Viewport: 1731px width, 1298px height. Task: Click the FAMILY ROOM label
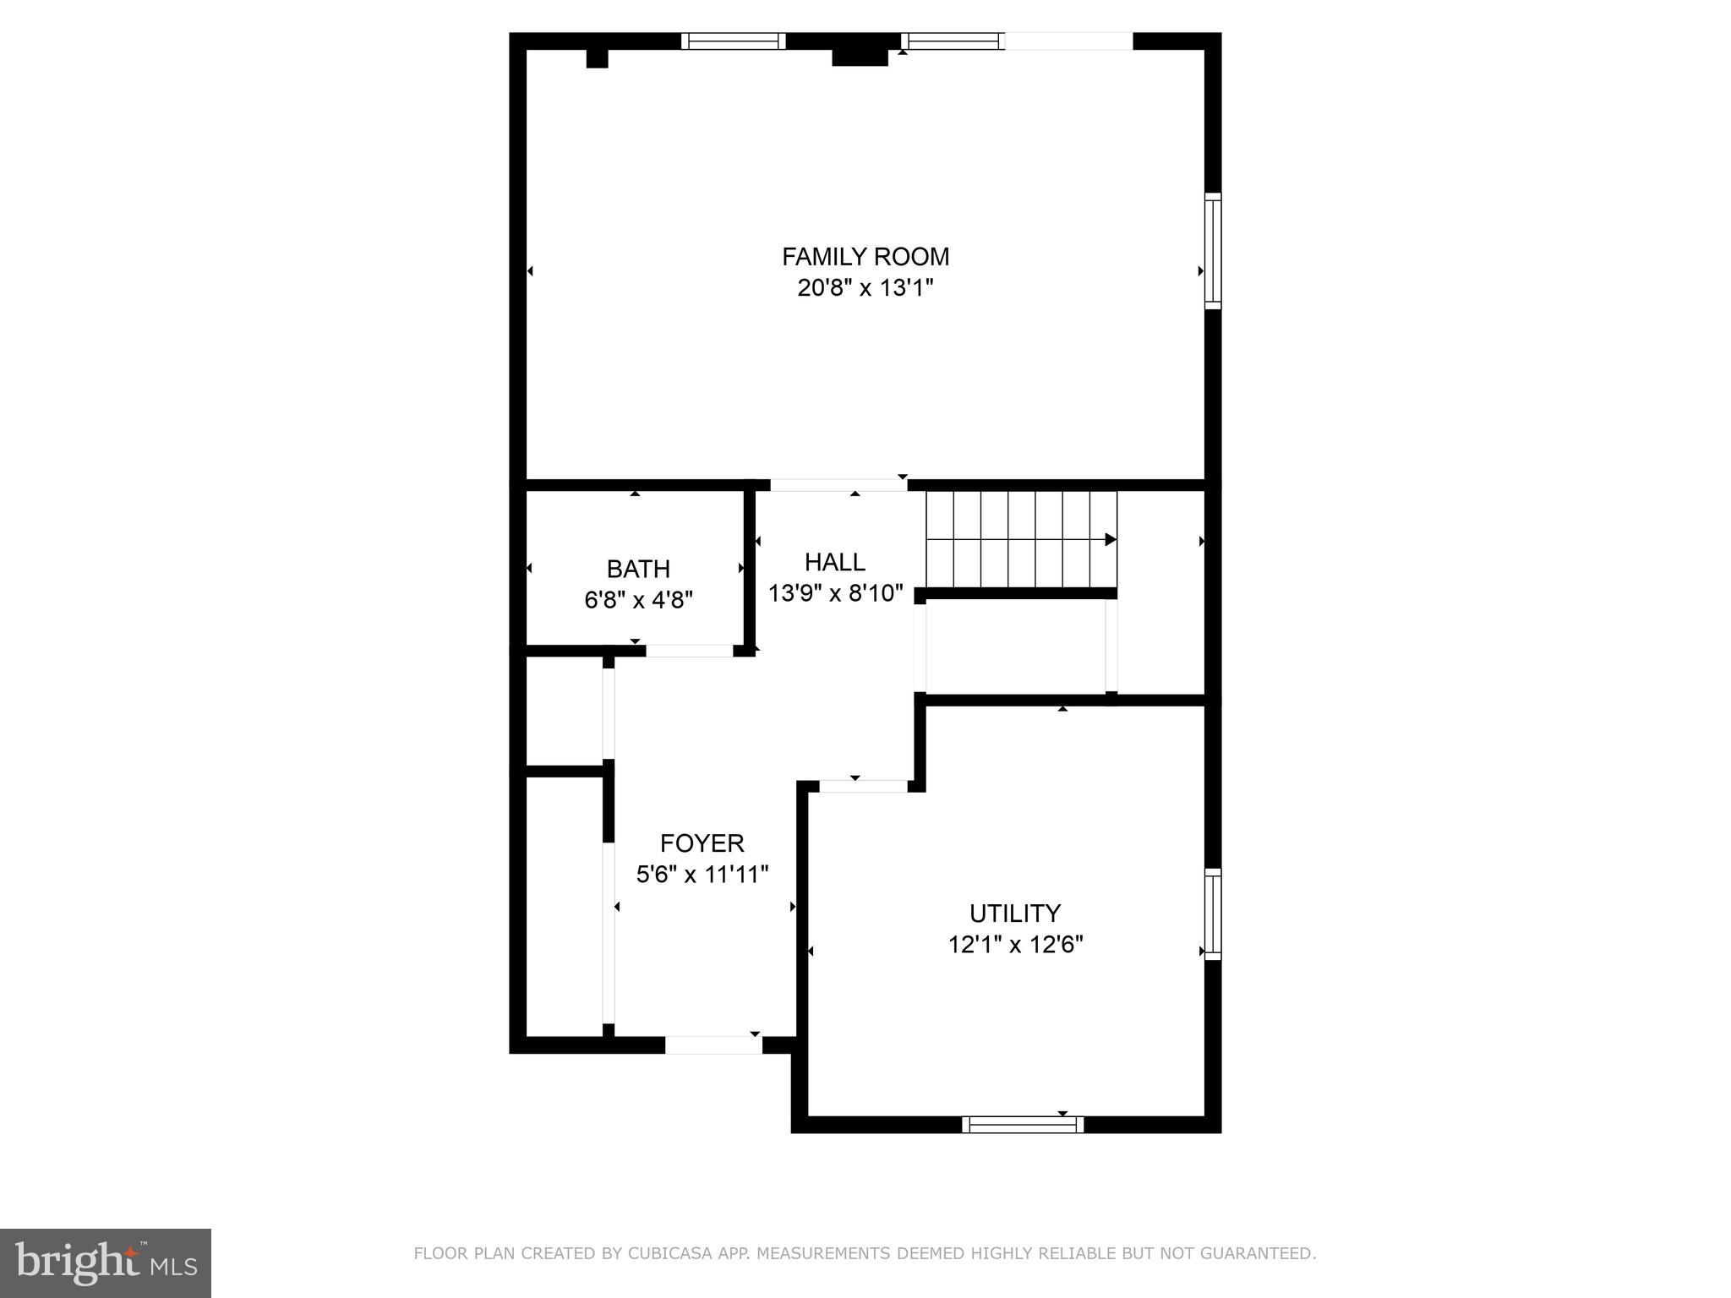pos(865,256)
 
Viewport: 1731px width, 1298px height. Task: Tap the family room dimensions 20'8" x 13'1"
pos(865,288)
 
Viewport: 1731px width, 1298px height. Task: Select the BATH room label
pos(638,569)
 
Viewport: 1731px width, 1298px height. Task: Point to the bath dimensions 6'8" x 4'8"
pos(638,600)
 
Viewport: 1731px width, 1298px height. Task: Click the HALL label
pos(834,562)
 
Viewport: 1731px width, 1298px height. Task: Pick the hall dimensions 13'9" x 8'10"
pos(835,593)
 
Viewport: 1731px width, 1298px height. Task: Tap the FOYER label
pos(702,843)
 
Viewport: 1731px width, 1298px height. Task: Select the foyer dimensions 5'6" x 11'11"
pos(702,875)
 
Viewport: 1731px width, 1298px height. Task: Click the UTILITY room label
pos(1014,914)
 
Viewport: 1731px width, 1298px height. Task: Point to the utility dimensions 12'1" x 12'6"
pos(1015,945)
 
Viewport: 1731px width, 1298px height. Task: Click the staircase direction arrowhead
pos(1111,539)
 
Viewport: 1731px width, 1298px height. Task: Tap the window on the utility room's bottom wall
pos(1023,1124)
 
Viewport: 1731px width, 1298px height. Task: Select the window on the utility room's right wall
pos(1213,914)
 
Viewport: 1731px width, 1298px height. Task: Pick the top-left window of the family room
pos(734,41)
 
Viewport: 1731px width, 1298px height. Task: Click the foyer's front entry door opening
pos(713,1045)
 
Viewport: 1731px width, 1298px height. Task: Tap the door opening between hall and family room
pos(838,485)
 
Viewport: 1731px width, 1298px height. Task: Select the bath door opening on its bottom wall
pos(689,651)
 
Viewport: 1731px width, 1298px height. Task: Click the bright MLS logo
pos(106,1263)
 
